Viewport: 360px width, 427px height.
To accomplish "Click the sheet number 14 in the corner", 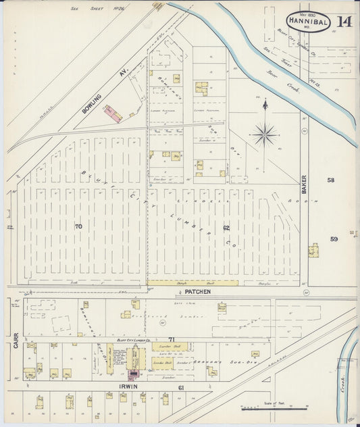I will point(344,22).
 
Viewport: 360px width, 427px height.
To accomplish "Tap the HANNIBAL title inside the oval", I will point(308,22).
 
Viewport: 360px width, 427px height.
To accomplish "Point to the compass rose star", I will point(264,133).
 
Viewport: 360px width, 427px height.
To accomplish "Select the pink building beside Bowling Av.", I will point(113,115).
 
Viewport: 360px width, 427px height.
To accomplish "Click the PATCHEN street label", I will point(197,291).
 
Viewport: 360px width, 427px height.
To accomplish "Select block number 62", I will point(227,228).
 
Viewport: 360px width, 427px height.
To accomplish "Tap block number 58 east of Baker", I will point(331,180).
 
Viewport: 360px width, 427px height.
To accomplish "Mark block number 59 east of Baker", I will point(334,239).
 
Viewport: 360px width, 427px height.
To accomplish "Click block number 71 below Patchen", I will point(172,338).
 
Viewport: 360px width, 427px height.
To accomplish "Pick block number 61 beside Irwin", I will point(181,388).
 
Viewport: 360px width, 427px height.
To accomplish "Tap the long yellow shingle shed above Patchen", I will point(192,283).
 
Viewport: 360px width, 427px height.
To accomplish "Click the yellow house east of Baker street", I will point(313,250).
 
